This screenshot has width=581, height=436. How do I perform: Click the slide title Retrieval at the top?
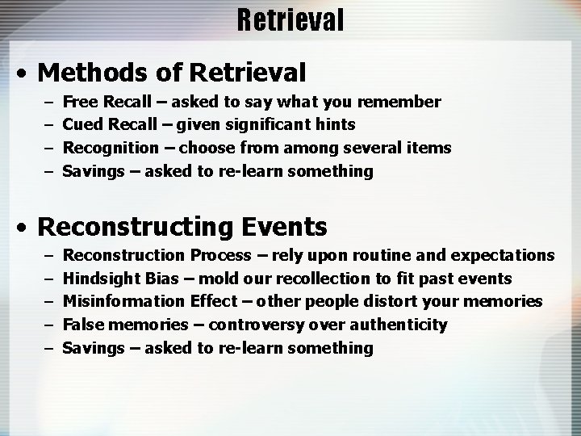290,19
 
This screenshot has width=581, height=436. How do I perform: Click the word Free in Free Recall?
78,102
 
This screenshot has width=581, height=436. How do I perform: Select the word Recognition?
111,149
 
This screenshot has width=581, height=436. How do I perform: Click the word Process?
219,255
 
